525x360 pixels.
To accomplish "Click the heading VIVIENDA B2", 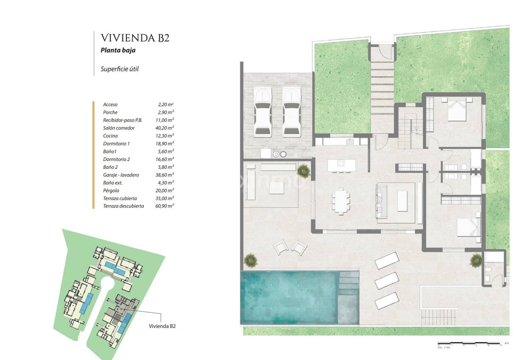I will pyautogui.click(x=135, y=38).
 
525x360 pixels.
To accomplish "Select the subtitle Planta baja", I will pyautogui.click(x=118, y=50).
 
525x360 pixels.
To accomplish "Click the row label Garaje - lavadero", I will pyautogui.click(x=121, y=175).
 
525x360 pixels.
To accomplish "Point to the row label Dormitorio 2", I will pyautogui.click(x=116, y=159).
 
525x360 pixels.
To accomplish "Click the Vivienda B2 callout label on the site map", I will pyautogui.click(x=162, y=326).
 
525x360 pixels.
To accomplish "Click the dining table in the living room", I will pyautogui.click(x=341, y=201).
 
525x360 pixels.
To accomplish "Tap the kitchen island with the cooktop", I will pyautogui.click(x=341, y=165).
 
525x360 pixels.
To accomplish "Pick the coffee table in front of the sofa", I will pyautogui.click(x=402, y=201).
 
